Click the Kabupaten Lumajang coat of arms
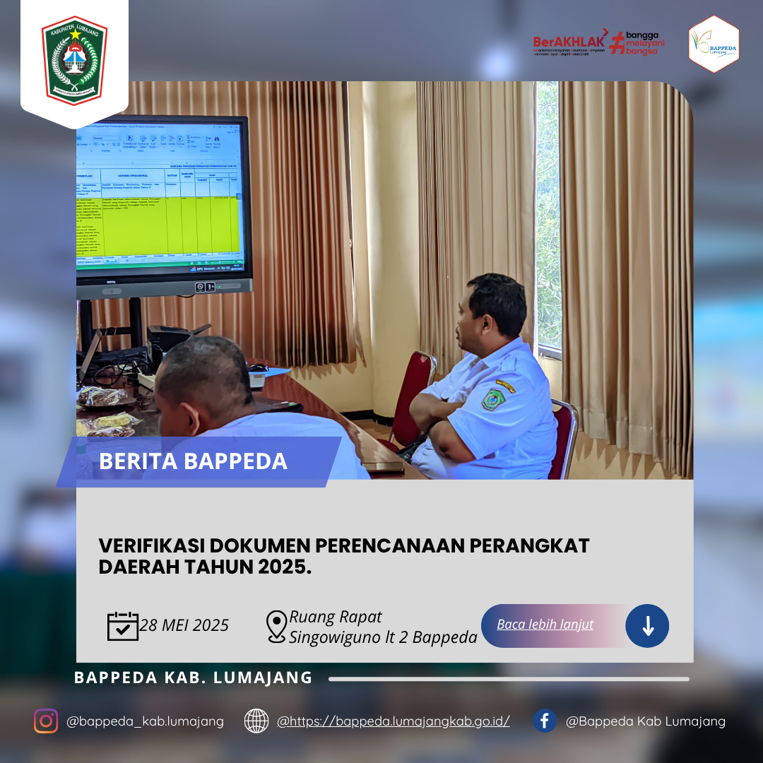[74, 59]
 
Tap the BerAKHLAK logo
[569, 42]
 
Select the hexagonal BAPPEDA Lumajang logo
[714, 45]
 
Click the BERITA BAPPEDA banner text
[193, 461]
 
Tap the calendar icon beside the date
[122, 626]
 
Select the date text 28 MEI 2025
[184, 626]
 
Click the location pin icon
[276, 627]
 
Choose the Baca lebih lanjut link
[545, 625]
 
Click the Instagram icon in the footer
[46, 721]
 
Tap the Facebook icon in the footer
[544, 721]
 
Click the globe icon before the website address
[256, 721]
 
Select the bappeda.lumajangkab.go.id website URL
[394, 721]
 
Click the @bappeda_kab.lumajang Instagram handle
[145, 721]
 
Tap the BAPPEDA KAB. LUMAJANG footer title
[193, 678]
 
